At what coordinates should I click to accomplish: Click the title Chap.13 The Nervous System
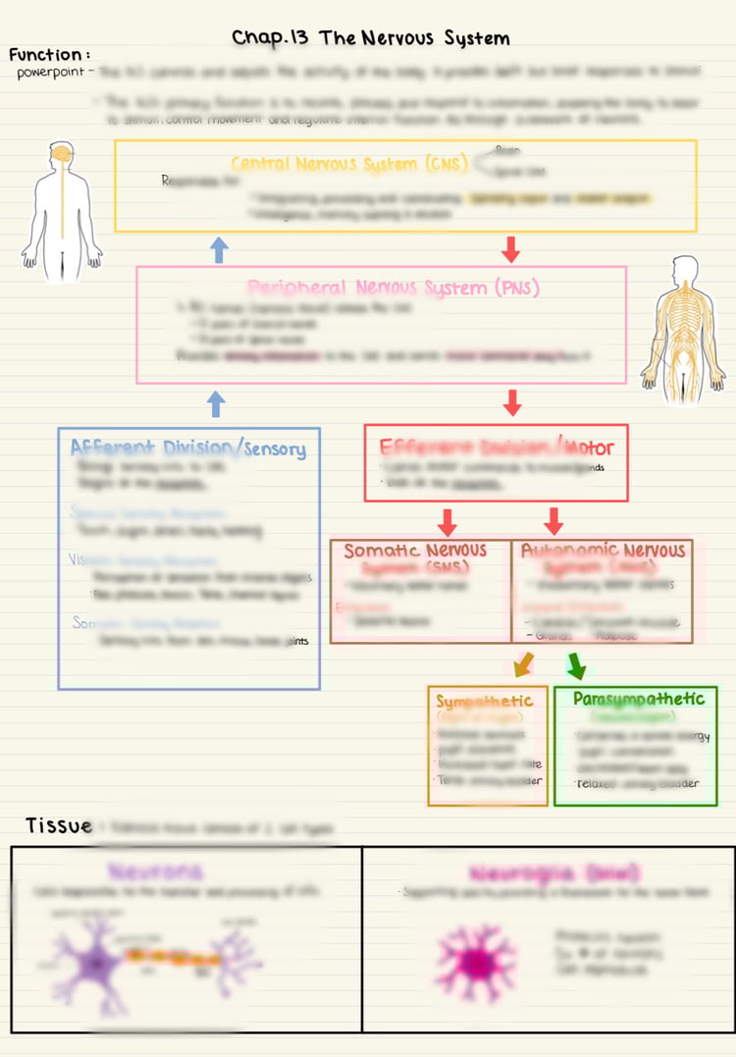pyautogui.click(x=371, y=39)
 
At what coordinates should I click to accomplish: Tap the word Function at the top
pyautogui.click(x=49, y=55)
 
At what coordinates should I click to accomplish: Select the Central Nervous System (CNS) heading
pyautogui.click(x=349, y=164)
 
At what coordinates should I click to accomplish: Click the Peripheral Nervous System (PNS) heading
pyautogui.click(x=394, y=288)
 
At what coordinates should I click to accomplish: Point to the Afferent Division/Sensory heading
pyautogui.click(x=187, y=449)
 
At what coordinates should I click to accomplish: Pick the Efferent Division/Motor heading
pyautogui.click(x=497, y=448)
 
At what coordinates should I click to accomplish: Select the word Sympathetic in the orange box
pyautogui.click(x=484, y=701)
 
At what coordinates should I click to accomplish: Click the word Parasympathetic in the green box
pyautogui.click(x=639, y=699)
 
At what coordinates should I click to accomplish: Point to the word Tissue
pyautogui.click(x=59, y=825)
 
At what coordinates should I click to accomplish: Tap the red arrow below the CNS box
pyautogui.click(x=510, y=249)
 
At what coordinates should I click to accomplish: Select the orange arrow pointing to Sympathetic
pyautogui.click(x=523, y=666)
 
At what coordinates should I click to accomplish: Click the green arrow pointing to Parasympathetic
pyautogui.click(x=577, y=666)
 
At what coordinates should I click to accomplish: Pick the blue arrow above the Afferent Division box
pyautogui.click(x=217, y=402)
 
